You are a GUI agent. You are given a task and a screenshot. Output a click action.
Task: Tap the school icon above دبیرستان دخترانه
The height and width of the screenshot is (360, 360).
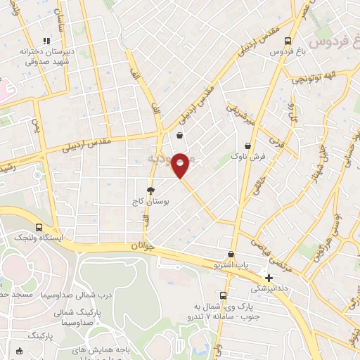pyautogui.click(x=47, y=41)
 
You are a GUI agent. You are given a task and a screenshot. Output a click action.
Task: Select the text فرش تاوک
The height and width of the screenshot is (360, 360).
pyautogui.click(x=252, y=158)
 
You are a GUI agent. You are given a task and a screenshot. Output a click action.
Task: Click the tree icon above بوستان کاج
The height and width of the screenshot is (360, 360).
pyautogui.click(x=150, y=191)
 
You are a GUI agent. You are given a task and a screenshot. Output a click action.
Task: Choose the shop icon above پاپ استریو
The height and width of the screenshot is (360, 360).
pyautogui.click(x=231, y=255)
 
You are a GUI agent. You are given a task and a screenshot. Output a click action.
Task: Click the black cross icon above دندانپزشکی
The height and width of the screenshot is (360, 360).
pyautogui.click(x=269, y=278)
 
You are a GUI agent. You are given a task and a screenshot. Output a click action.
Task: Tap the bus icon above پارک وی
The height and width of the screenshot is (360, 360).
pyautogui.click(x=223, y=295)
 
